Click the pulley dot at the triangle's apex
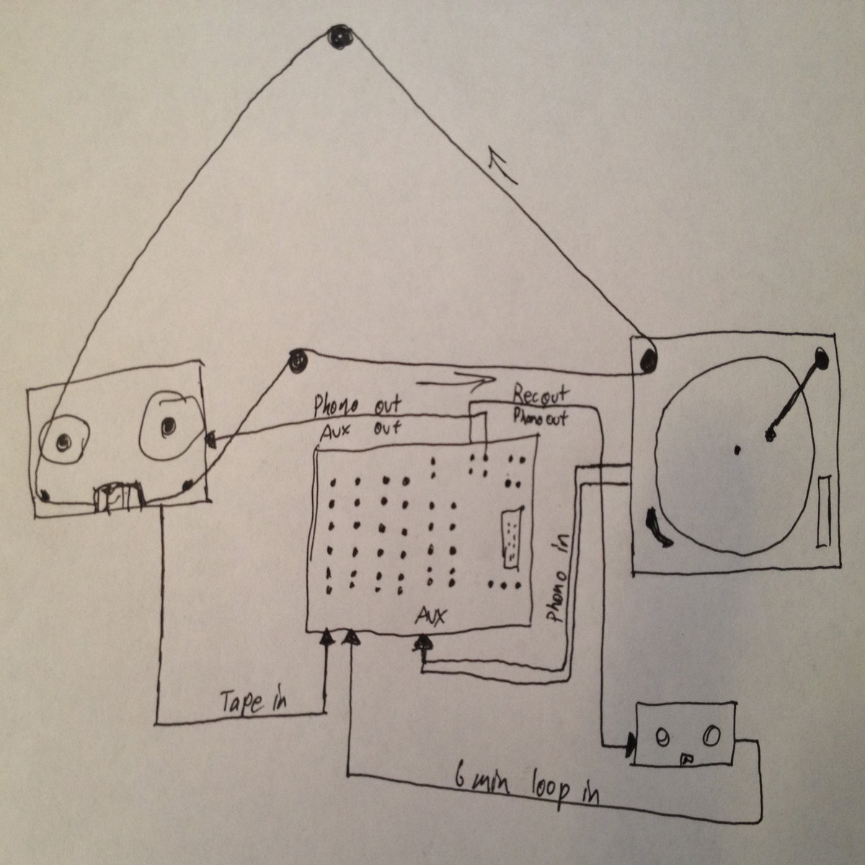pos(337,37)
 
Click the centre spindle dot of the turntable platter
pos(737,451)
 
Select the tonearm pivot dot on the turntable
pos(820,355)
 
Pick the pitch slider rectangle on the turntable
pos(825,510)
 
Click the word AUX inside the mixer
pos(432,616)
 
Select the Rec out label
pos(540,395)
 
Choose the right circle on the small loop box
pos(711,736)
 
